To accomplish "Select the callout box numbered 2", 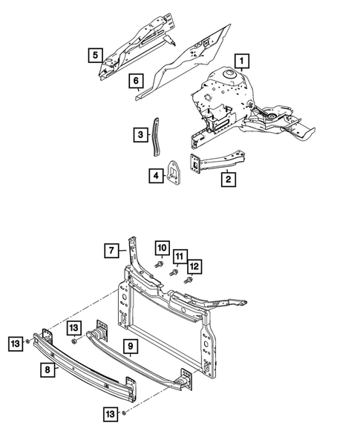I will (229, 178).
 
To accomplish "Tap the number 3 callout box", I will (140, 134).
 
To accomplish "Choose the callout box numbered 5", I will (95, 54).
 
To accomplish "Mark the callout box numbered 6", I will (137, 80).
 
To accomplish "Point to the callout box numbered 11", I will (180, 256).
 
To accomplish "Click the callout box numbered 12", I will (194, 266).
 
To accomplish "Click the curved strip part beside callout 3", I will (156, 137).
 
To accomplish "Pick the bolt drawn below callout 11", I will (174, 272).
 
